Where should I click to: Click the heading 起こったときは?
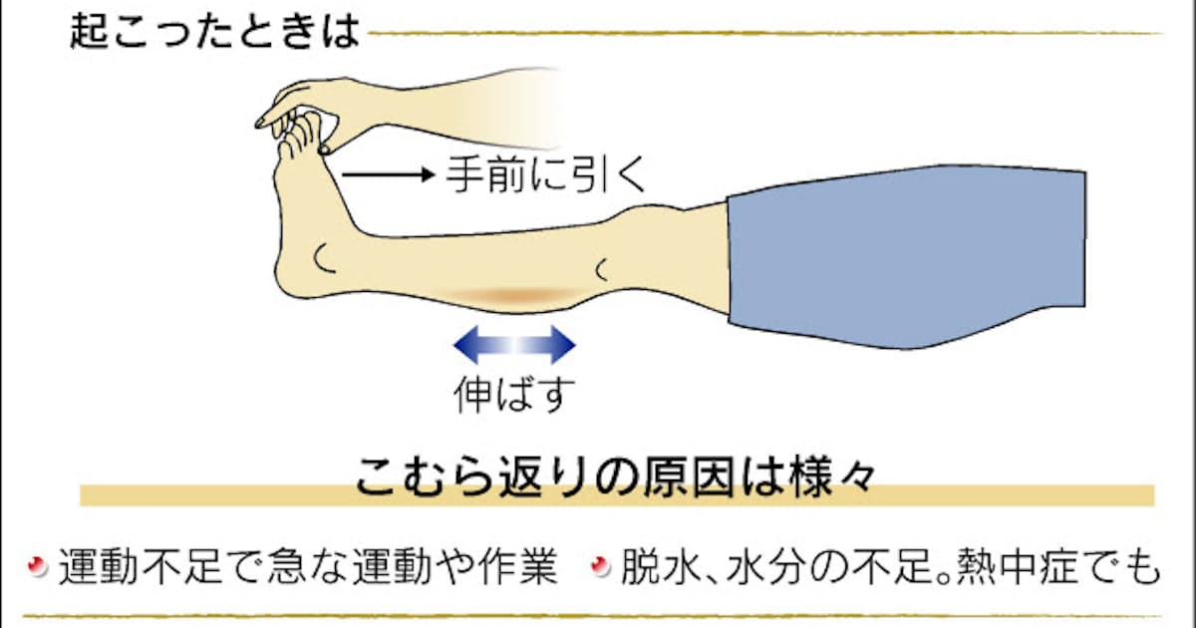[x=214, y=32]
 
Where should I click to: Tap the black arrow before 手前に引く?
[x=388, y=174]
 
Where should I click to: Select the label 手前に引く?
[x=546, y=174]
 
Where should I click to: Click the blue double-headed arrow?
[x=514, y=345]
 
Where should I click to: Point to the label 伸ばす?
[x=514, y=394]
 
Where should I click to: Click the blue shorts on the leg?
[x=907, y=257]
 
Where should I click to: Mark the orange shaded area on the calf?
[x=513, y=295]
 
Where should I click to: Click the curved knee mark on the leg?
[x=600, y=270]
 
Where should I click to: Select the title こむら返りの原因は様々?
[x=615, y=476]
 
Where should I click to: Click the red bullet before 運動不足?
[x=38, y=566]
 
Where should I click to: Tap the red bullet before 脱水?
[x=601, y=566]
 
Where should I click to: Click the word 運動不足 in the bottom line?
[x=140, y=566]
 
